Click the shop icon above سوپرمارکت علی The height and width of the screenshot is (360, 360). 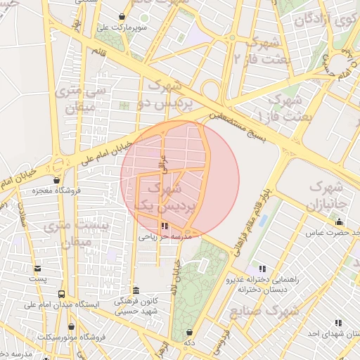tap(122, 16)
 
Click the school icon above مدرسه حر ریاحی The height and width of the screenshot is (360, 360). tap(164, 226)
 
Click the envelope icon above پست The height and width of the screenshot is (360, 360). tap(37, 268)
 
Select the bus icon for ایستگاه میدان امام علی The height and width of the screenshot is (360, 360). tap(62, 295)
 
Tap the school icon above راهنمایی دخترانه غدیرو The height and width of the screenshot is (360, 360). tap(262, 269)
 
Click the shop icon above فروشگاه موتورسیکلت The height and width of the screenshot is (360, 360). tap(71, 327)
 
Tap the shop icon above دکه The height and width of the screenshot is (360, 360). tap(188, 333)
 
